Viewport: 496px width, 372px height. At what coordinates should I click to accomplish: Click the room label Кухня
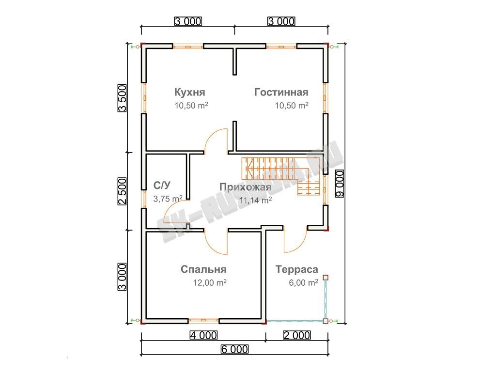[x=189, y=92]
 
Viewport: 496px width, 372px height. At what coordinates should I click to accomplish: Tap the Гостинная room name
[x=281, y=92]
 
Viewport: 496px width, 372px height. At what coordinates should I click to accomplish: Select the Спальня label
[x=203, y=269]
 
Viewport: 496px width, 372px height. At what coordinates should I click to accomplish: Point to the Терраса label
[x=297, y=269]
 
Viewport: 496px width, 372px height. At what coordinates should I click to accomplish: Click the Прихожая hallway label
[x=246, y=187]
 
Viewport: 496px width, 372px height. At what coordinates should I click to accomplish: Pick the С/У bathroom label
[x=162, y=185]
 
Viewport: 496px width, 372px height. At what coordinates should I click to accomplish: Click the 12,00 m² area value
[x=210, y=282]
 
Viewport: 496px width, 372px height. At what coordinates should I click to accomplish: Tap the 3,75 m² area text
[x=168, y=199]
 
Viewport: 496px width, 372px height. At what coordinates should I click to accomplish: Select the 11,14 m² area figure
[x=255, y=200]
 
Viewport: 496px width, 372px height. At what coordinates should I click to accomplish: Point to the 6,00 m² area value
[x=303, y=282]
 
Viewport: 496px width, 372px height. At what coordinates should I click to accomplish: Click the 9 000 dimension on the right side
[x=340, y=184]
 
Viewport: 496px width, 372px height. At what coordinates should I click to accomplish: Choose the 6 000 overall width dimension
[x=234, y=349]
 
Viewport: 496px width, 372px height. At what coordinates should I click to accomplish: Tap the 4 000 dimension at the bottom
[x=203, y=335]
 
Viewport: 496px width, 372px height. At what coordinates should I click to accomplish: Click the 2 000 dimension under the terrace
[x=297, y=335]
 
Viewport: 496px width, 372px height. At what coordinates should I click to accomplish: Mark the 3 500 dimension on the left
[x=122, y=98]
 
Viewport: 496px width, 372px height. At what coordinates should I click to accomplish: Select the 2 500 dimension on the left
[x=122, y=191]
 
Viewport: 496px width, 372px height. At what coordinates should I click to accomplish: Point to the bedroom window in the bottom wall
[x=203, y=320]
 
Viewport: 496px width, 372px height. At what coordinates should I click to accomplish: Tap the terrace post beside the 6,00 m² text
[x=325, y=278]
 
